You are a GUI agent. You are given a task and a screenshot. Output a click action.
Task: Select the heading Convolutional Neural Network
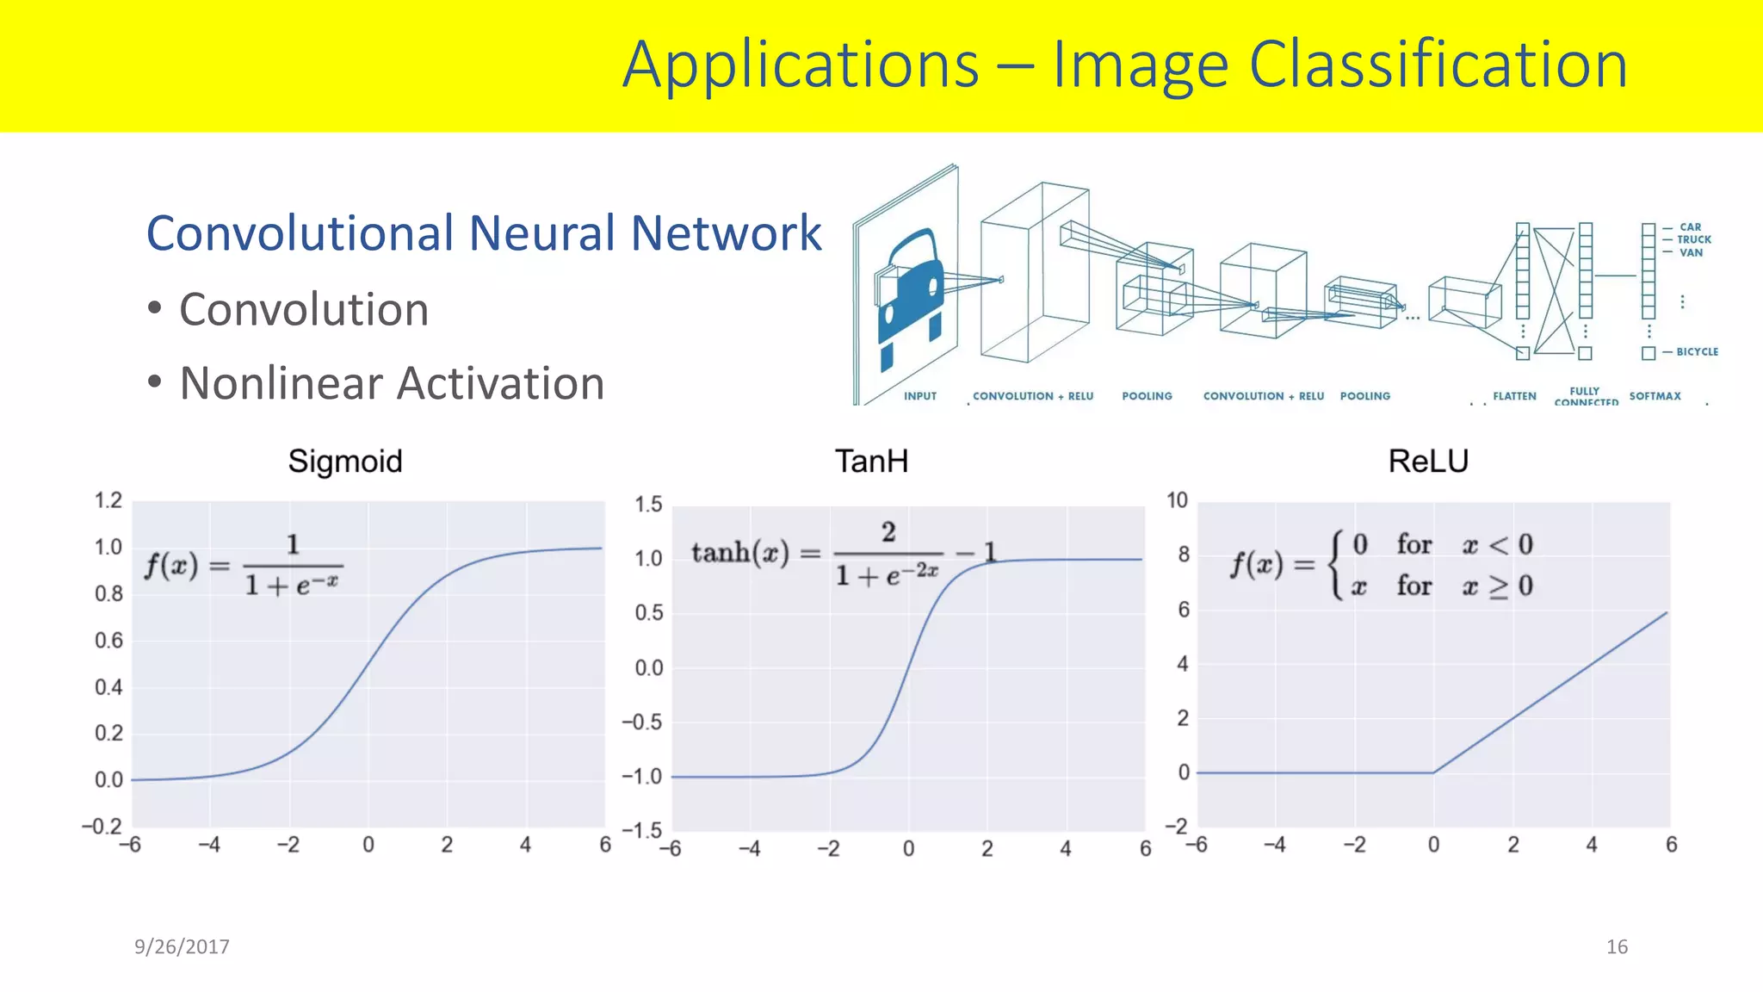coord(484,233)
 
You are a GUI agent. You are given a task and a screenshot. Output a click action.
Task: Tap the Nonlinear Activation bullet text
coord(392,383)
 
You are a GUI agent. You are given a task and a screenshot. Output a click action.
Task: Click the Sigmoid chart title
coord(345,462)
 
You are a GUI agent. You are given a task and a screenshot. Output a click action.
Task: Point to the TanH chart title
coord(871,462)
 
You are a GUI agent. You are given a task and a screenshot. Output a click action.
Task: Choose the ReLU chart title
coord(1428,462)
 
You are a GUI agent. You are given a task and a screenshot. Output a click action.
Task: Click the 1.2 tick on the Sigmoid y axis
coord(108,501)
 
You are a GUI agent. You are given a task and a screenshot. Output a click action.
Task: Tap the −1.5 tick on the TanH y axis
coord(642,831)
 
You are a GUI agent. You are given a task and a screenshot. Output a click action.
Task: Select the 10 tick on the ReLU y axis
coord(1177,500)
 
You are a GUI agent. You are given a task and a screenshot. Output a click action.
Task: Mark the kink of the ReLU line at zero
coord(1433,772)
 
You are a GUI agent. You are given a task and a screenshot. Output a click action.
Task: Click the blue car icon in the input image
coord(911,293)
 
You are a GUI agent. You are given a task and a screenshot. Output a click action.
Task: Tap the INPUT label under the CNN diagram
coord(919,396)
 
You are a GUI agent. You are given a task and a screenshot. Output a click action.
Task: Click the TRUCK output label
coord(1693,240)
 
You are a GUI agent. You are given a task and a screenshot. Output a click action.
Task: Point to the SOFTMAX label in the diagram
coord(1655,396)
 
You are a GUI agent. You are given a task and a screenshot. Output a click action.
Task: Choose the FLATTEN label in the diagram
coord(1514,396)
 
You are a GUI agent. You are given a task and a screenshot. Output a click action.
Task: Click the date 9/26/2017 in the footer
coord(182,947)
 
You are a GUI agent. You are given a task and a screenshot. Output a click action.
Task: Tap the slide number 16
coord(1617,947)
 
